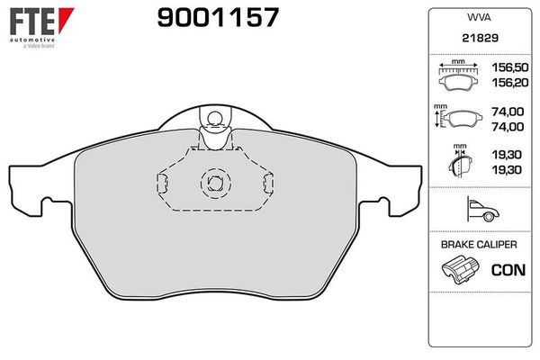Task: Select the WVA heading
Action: [480, 15]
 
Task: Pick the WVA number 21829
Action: [480, 39]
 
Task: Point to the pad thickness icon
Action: [460, 165]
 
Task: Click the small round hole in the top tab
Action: [214, 118]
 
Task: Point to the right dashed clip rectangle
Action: [266, 183]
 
